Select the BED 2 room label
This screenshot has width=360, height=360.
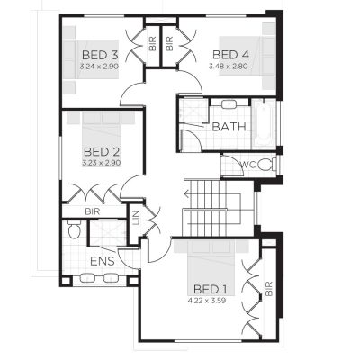point(102,151)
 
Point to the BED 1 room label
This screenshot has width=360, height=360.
point(211,289)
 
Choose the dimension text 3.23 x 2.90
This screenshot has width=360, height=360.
point(102,163)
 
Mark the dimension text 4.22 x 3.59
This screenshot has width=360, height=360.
point(211,300)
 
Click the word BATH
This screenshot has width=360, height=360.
point(228,127)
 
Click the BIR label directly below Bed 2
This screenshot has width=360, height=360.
point(92,211)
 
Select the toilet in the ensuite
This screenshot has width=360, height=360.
point(75,232)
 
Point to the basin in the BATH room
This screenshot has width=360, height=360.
point(220,106)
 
